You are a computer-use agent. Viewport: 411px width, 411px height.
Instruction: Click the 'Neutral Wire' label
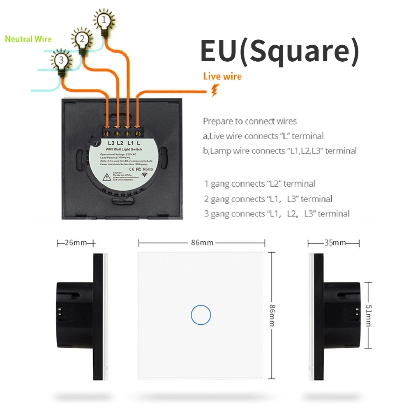pos(28,39)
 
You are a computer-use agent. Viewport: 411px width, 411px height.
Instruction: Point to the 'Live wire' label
pos(222,76)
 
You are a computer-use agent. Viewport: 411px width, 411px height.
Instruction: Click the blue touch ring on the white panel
pos(201,315)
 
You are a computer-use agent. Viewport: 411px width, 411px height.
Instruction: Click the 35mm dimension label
pos(335,242)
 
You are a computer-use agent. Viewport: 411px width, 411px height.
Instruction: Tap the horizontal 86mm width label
pos(202,242)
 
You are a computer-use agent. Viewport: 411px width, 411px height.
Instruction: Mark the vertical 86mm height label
pos(272,315)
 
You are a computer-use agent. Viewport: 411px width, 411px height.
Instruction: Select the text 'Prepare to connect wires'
pos(249,121)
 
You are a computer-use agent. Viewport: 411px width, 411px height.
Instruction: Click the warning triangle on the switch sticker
pos(106,177)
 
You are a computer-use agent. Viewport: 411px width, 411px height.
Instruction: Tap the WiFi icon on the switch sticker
pos(144,175)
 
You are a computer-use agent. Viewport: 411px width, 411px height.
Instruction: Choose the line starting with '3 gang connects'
pos(277,214)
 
